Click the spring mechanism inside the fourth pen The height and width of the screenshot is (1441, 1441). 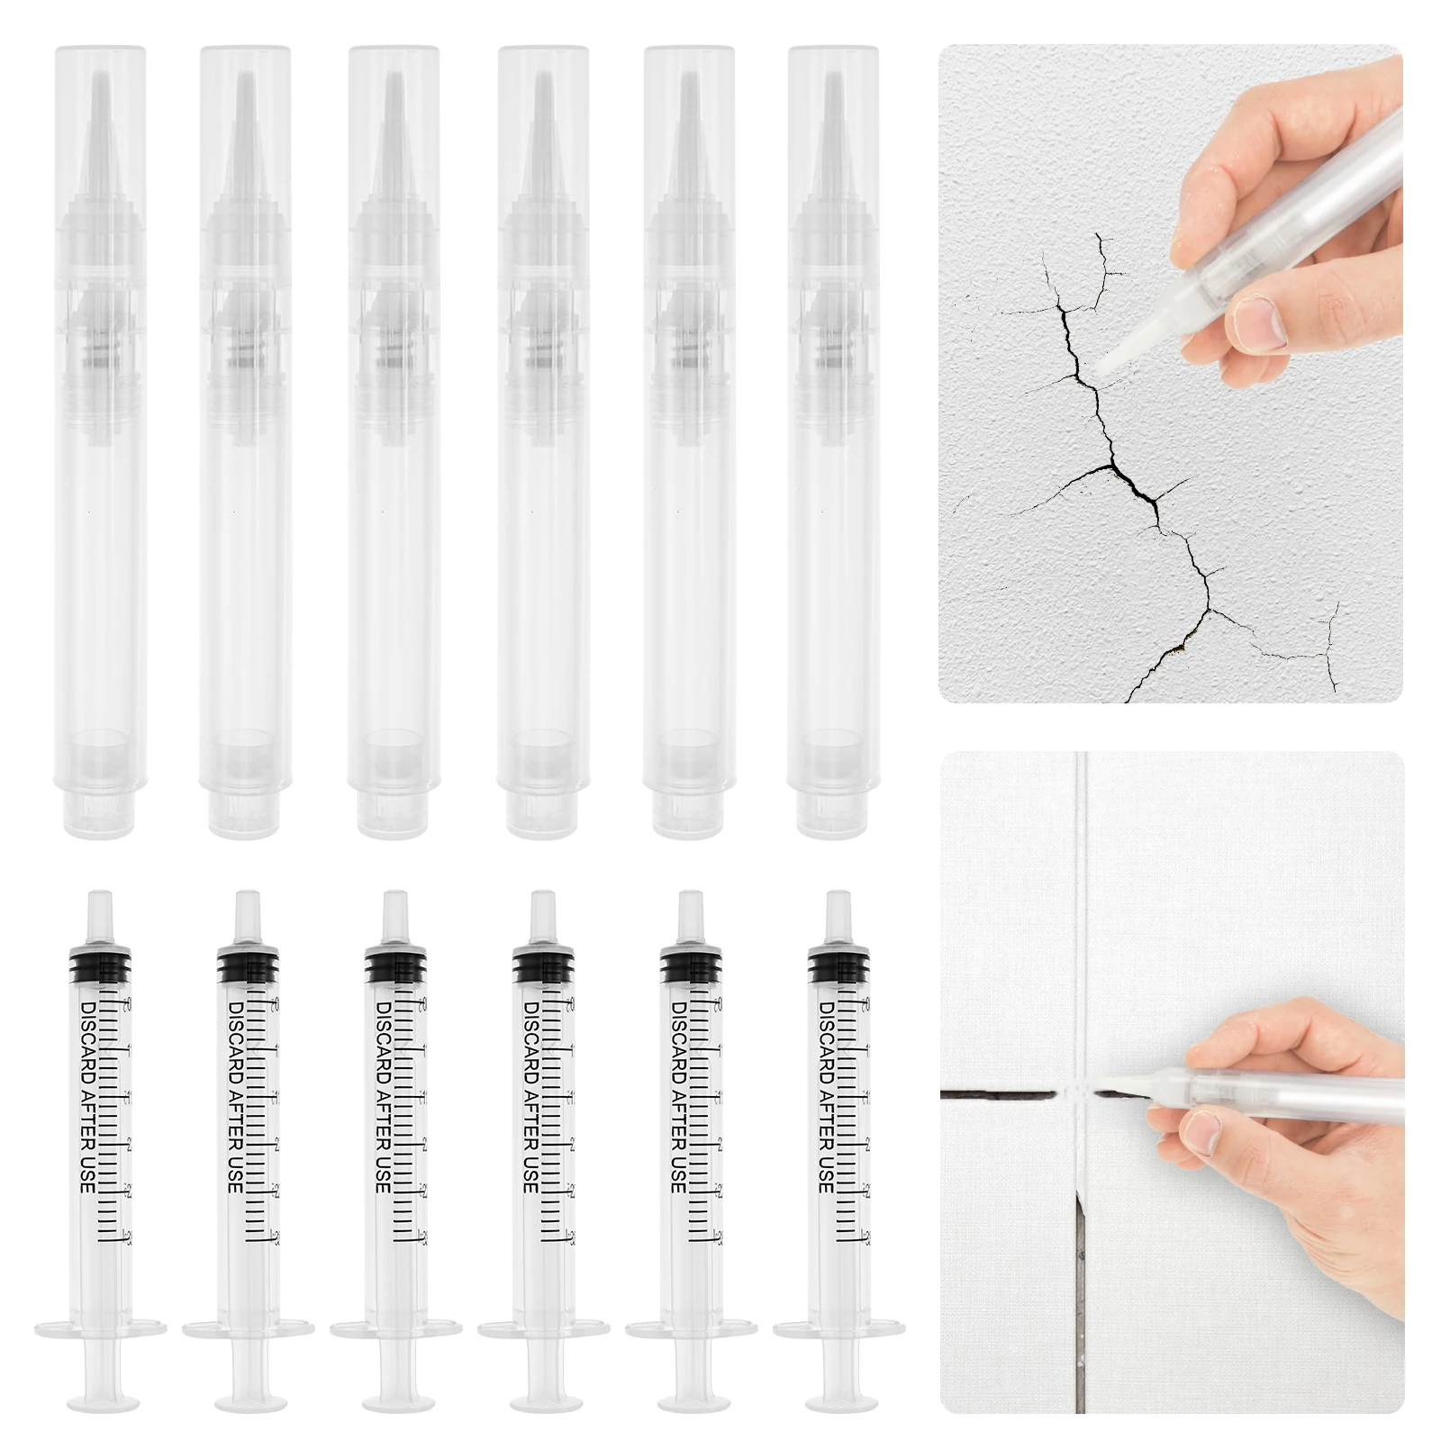point(542,347)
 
